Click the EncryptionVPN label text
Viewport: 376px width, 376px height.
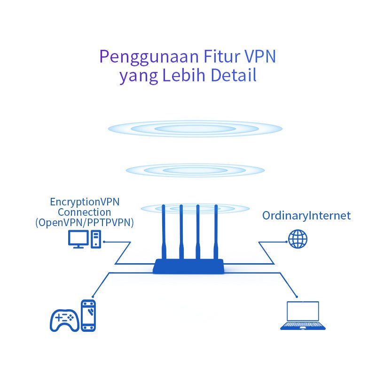coord(85,202)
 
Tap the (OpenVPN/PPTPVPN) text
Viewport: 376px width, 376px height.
coord(85,223)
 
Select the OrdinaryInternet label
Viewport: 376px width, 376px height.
coord(306,216)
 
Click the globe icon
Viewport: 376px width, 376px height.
coord(298,239)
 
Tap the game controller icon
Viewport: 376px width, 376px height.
coord(64,320)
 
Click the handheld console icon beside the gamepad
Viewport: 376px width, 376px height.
coord(88,315)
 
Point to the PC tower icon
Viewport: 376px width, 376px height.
coord(96,239)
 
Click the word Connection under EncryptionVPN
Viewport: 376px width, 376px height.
coord(85,212)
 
